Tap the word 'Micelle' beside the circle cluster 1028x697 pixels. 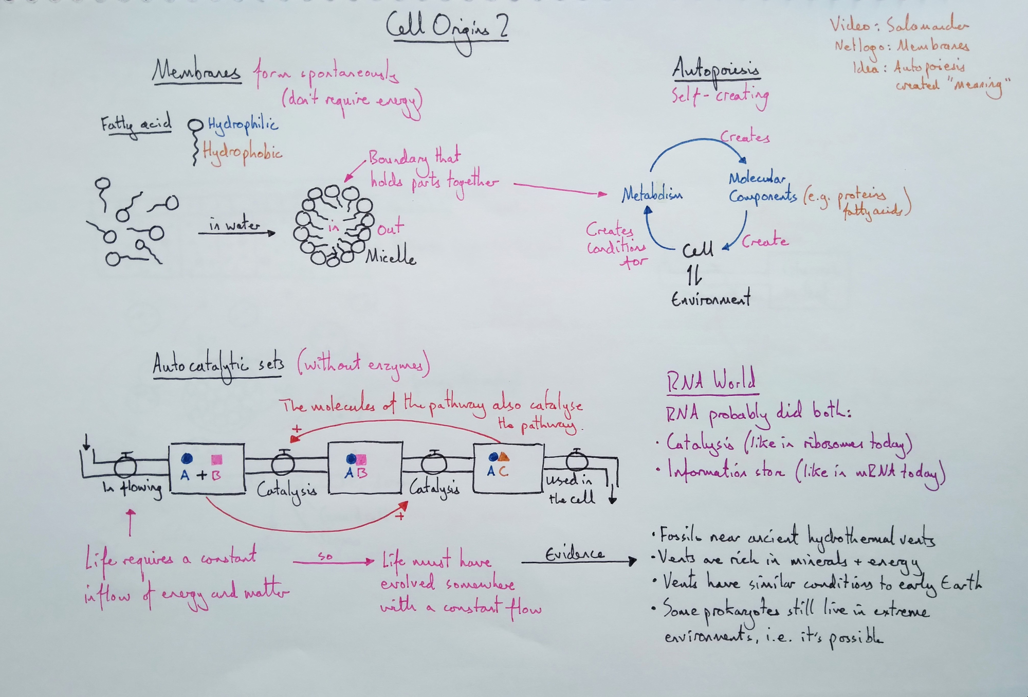(391, 256)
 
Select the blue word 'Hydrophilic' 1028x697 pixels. (243, 124)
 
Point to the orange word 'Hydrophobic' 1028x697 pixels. (242, 152)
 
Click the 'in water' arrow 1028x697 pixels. (236, 233)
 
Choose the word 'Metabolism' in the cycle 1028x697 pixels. (652, 194)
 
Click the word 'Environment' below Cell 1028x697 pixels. (710, 299)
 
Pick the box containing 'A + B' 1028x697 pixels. (207, 468)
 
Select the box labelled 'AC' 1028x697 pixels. (508, 468)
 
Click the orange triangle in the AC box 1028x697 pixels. (503, 456)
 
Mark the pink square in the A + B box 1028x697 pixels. (217, 459)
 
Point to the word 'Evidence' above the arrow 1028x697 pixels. (574, 554)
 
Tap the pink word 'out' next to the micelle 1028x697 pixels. (391, 228)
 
